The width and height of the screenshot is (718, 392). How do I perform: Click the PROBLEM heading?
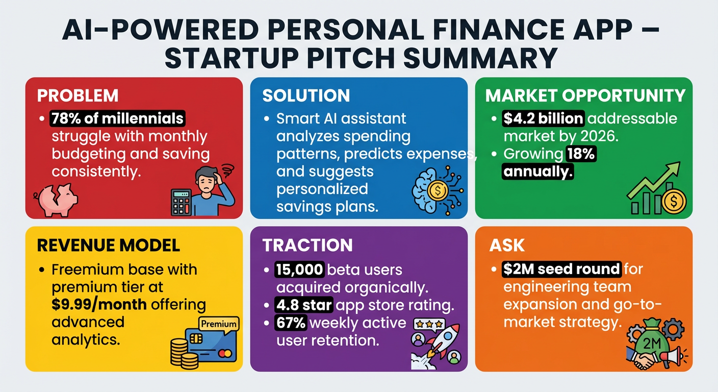click(x=78, y=95)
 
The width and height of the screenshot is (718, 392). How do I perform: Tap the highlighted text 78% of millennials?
click(x=117, y=118)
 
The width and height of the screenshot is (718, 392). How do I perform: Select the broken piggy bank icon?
click(x=56, y=200)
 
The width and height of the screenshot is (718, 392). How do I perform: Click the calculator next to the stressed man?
click(x=181, y=202)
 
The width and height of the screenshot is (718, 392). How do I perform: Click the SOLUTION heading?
click(x=306, y=95)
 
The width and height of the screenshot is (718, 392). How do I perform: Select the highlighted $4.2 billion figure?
click(x=543, y=118)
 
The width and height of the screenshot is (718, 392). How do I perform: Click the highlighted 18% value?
click(x=581, y=154)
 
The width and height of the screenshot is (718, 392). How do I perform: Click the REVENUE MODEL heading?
click(x=108, y=245)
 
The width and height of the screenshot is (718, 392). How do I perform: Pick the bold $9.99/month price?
click(x=99, y=304)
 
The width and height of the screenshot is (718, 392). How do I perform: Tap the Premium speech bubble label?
click(x=219, y=324)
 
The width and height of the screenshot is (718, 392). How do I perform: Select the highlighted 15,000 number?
click(x=299, y=269)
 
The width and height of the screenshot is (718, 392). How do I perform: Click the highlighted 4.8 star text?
click(x=304, y=305)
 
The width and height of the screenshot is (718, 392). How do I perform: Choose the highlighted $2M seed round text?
click(x=561, y=269)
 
